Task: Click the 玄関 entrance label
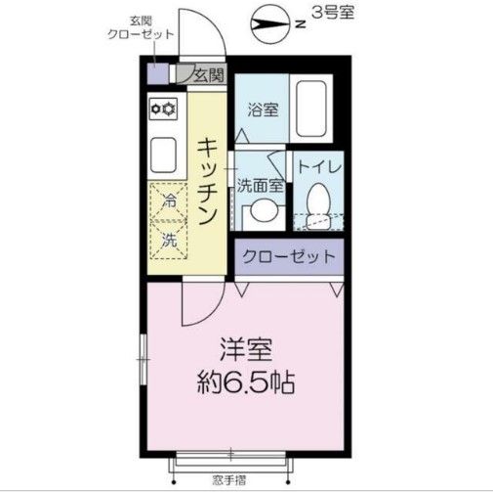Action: [208, 73]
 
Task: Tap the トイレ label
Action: [318, 167]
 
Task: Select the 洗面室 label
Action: [261, 184]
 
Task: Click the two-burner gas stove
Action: [162, 109]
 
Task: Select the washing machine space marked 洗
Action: [168, 238]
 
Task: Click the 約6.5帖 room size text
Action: [244, 380]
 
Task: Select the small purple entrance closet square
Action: [156, 73]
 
